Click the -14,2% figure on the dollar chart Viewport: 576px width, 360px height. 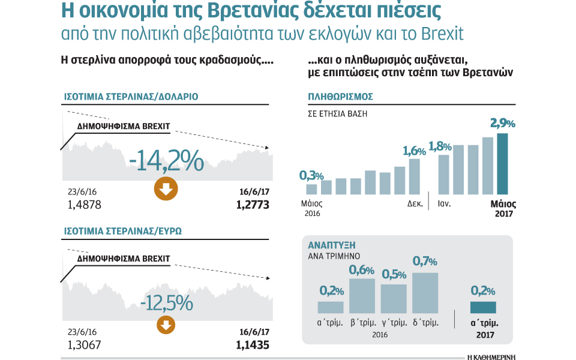tap(166, 161)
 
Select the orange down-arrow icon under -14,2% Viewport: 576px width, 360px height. tap(166, 189)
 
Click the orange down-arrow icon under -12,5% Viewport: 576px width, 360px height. tap(166, 325)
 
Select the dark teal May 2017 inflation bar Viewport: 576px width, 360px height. tap(502, 163)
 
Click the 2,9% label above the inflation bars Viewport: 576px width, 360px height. tap(502, 124)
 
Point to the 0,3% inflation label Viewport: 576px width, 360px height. tap(311, 175)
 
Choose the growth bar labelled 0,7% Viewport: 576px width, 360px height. tap(425, 293)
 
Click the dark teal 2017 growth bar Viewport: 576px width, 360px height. tap(482, 307)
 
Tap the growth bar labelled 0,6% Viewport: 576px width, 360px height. tap(362, 296)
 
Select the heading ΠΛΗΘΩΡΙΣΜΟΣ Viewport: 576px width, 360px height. tap(341, 97)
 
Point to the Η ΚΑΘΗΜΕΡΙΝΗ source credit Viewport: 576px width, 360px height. tap(490, 355)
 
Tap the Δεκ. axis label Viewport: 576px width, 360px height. tap(415, 203)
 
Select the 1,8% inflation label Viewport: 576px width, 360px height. tap(441, 146)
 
